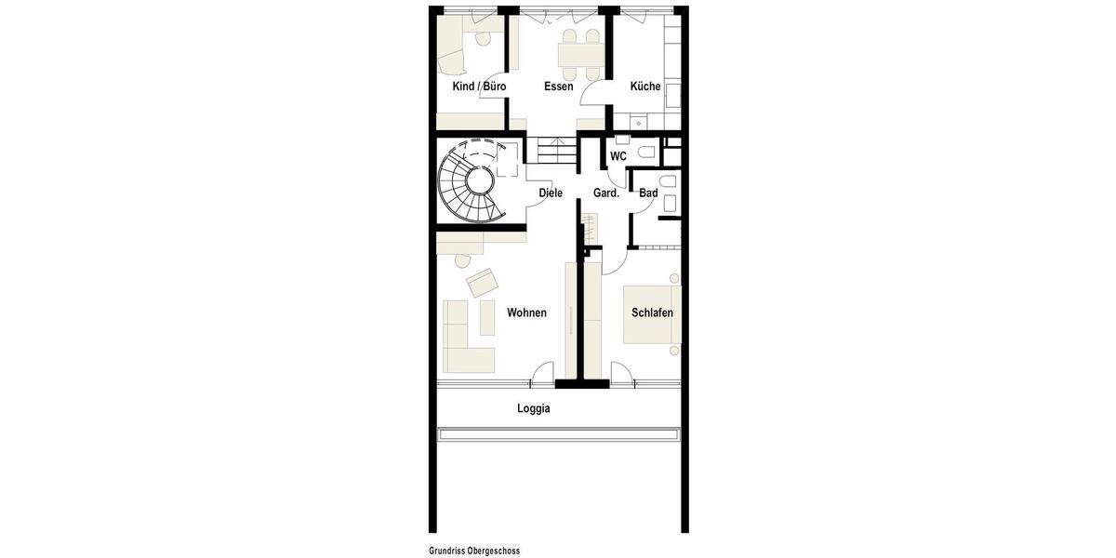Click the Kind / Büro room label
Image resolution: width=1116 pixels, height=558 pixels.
click(x=479, y=86)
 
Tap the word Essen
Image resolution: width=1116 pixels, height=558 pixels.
click(x=558, y=86)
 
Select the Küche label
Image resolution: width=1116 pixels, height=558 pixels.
click(x=645, y=86)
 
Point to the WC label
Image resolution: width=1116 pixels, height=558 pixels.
click(x=618, y=156)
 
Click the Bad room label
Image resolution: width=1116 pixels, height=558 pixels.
click(x=648, y=193)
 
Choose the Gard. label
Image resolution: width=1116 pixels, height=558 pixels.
click(x=606, y=193)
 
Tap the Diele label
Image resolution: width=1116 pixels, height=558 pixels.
click(x=551, y=193)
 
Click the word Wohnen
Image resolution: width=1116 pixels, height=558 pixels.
click(x=526, y=312)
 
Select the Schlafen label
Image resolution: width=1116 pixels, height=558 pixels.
click(x=652, y=312)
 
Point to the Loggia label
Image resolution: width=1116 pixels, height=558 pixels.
click(x=534, y=408)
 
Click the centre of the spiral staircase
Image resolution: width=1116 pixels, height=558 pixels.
click(x=480, y=179)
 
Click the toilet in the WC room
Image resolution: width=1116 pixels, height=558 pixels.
click(x=647, y=151)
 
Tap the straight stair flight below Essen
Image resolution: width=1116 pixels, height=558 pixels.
click(x=551, y=151)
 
